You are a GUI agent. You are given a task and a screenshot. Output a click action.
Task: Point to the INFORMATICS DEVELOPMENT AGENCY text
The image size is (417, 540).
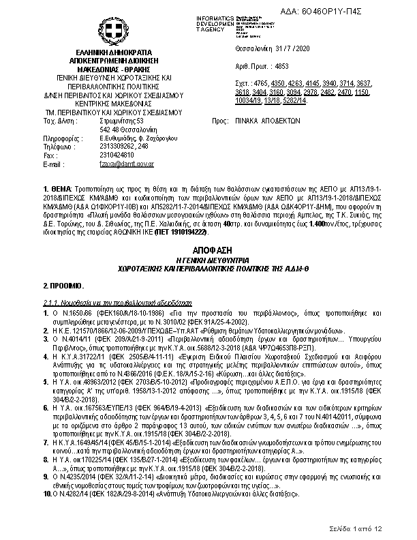tap(215, 22)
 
